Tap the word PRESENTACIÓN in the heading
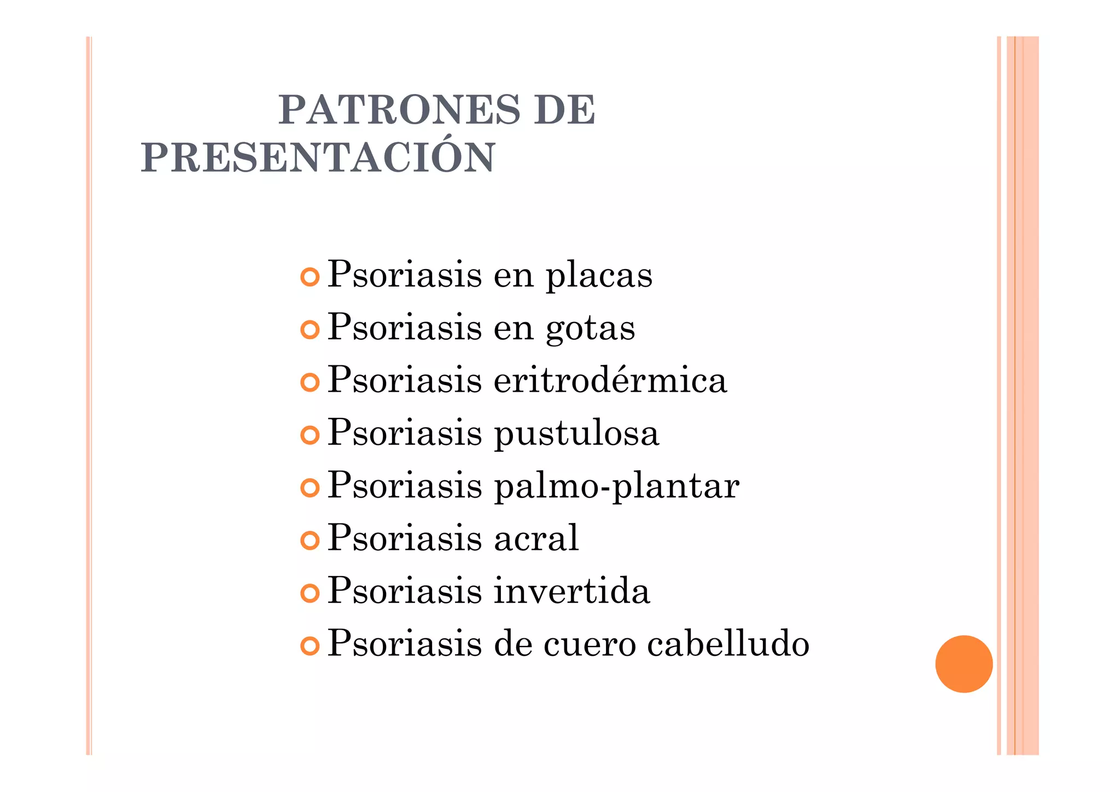tap(318, 158)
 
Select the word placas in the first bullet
tap(599, 276)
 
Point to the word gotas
tap(591, 329)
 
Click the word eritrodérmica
tap(610, 380)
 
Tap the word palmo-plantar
tap(616, 486)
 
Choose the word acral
tap(536, 538)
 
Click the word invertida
tap(572, 591)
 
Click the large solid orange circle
tap(964, 664)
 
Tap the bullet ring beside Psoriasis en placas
tap(310, 277)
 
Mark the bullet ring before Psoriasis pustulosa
tap(310, 435)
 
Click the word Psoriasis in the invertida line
tap(405, 591)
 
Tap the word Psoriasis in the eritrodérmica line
tap(405, 380)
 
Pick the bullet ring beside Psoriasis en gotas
tap(310, 330)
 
